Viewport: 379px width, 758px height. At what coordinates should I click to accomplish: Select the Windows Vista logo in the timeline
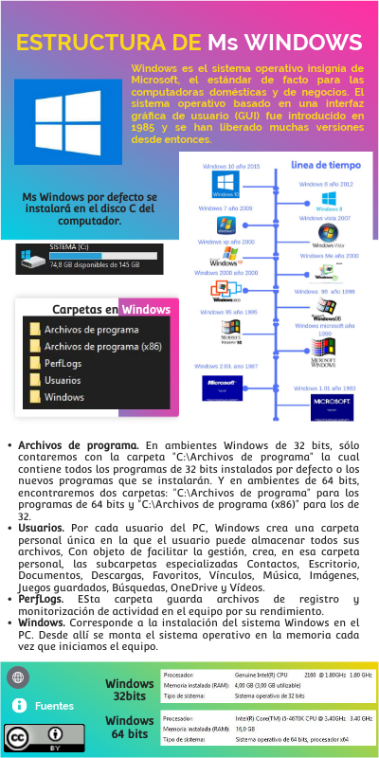pos(328,231)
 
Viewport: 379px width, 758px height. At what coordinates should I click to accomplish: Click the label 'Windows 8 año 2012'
pos(326,184)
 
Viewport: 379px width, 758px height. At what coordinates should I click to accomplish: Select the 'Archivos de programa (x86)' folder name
pos(103,346)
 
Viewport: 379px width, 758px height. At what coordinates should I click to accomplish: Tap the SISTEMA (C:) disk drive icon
pos(32,258)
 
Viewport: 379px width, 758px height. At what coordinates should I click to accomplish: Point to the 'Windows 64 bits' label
pos(130,727)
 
